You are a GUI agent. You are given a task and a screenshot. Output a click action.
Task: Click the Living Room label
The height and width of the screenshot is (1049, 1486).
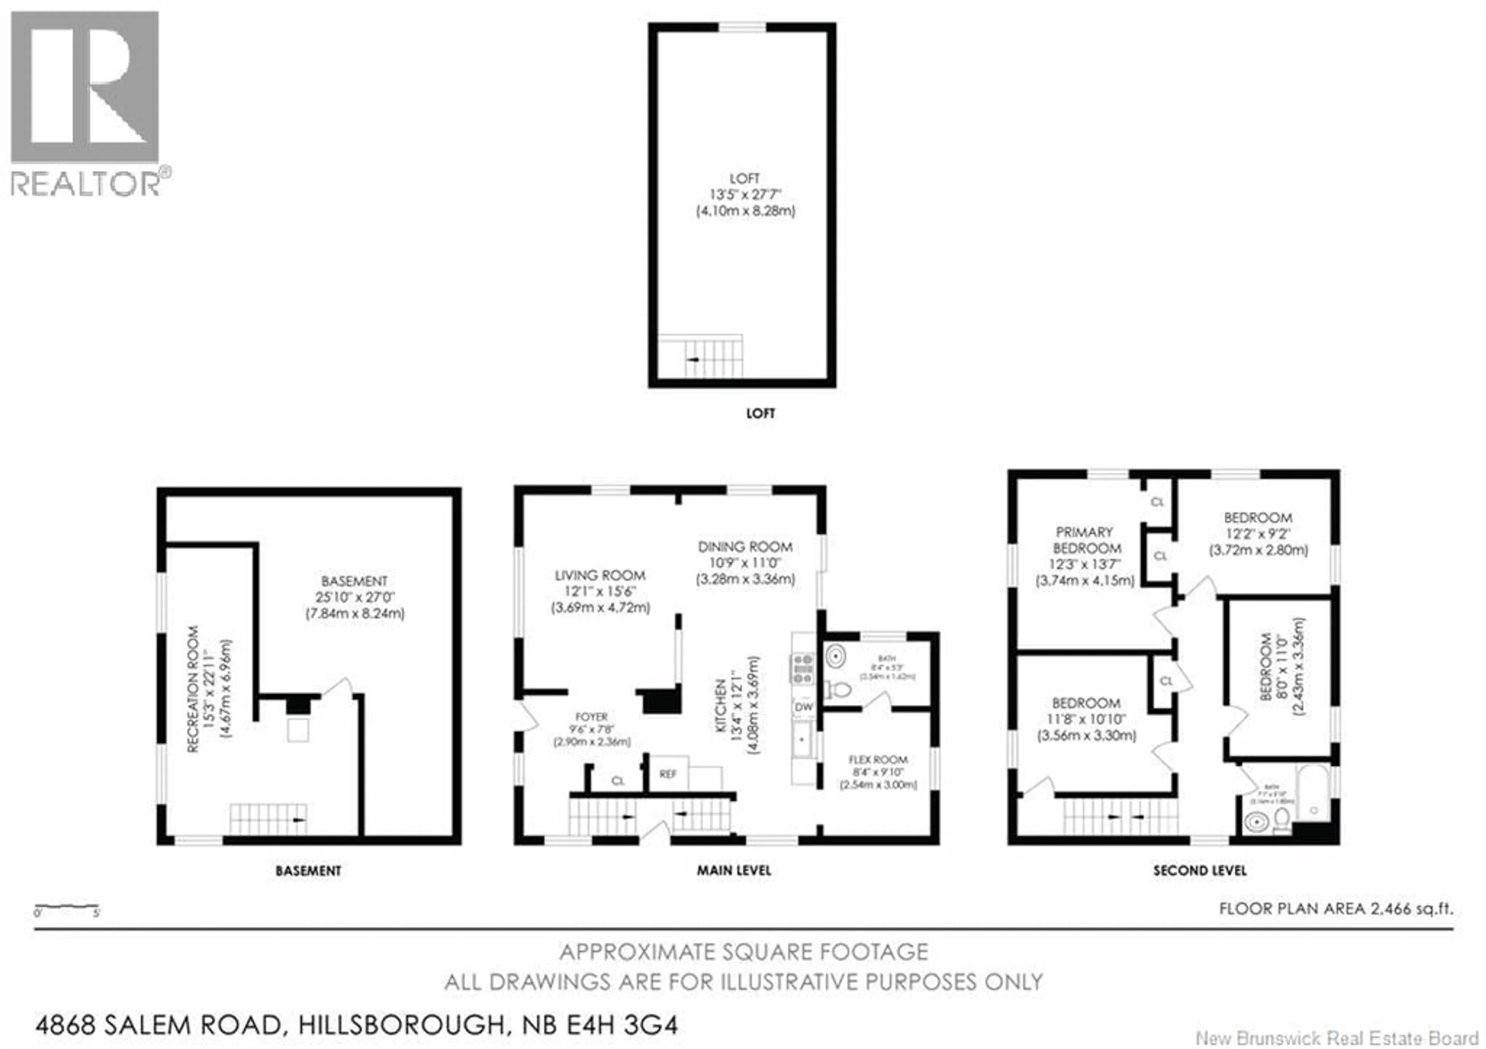(600, 575)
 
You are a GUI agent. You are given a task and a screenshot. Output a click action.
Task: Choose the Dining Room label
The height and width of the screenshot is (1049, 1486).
(745, 547)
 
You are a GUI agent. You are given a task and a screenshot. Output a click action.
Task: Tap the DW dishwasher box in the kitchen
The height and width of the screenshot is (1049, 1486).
(803, 707)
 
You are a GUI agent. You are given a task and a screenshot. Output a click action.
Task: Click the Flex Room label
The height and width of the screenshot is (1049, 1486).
(878, 759)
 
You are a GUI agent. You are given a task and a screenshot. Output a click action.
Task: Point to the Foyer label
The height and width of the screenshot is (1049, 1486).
(592, 717)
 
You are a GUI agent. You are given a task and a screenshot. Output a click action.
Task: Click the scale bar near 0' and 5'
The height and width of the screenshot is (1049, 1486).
(67, 908)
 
